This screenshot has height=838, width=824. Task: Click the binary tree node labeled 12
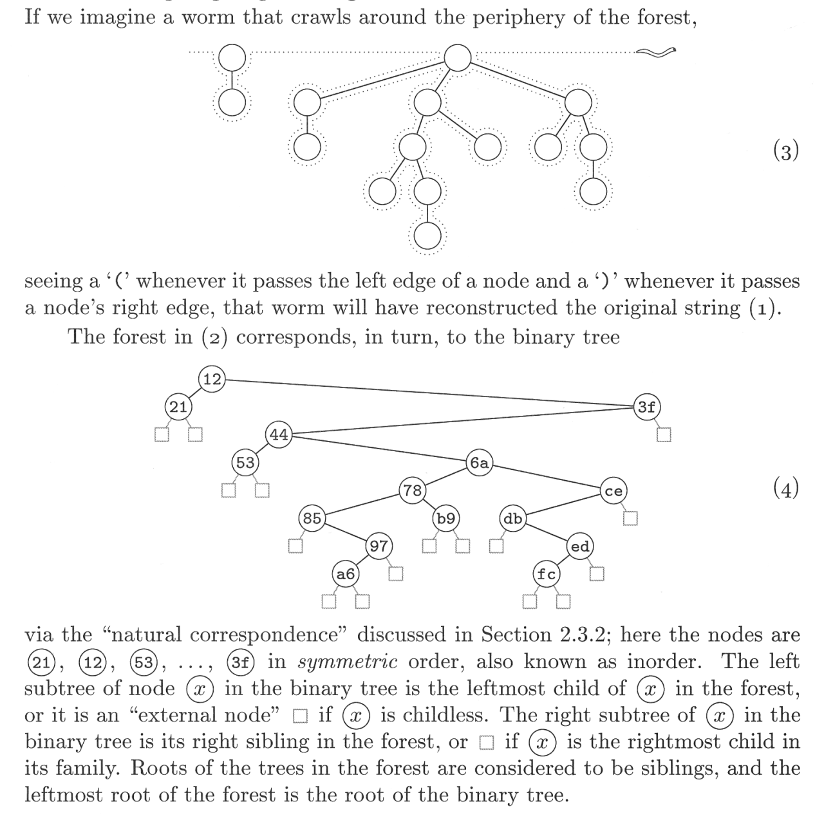(x=212, y=380)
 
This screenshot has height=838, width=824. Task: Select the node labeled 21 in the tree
(x=178, y=407)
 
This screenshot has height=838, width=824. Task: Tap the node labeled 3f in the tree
(x=646, y=407)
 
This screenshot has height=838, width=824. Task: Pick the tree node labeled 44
(x=279, y=434)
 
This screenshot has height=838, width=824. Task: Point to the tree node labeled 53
(x=245, y=463)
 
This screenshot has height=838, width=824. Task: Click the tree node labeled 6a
(x=479, y=463)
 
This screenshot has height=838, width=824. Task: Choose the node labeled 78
(x=412, y=490)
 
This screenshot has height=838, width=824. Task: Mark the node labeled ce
(x=613, y=490)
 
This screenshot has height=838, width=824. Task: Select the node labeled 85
(x=312, y=518)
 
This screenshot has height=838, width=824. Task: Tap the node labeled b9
(x=445, y=518)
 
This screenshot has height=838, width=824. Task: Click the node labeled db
(x=512, y=518)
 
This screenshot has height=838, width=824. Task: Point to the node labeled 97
(x=379, y=546)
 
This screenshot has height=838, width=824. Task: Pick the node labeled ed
(x=579, y=546)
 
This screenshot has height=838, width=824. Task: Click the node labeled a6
(x=346, y=573)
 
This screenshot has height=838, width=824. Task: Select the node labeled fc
(x=546, y=573)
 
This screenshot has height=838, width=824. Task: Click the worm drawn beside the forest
(x=656, y=52)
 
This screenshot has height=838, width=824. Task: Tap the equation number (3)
(x=785, y=151)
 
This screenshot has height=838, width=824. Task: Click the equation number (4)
(x=785, y=489)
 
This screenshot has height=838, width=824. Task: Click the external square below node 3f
(x=664, y=435)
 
